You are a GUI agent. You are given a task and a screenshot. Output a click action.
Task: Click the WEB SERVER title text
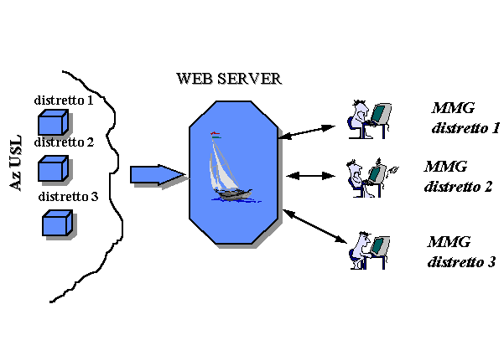click(x=228, y=79)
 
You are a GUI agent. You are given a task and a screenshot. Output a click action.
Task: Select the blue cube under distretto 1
click(x=53, y=122)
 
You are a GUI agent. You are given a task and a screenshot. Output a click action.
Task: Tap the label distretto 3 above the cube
click(x=69, y=197)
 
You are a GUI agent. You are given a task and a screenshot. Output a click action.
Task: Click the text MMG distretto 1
click(x=465, y=118)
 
